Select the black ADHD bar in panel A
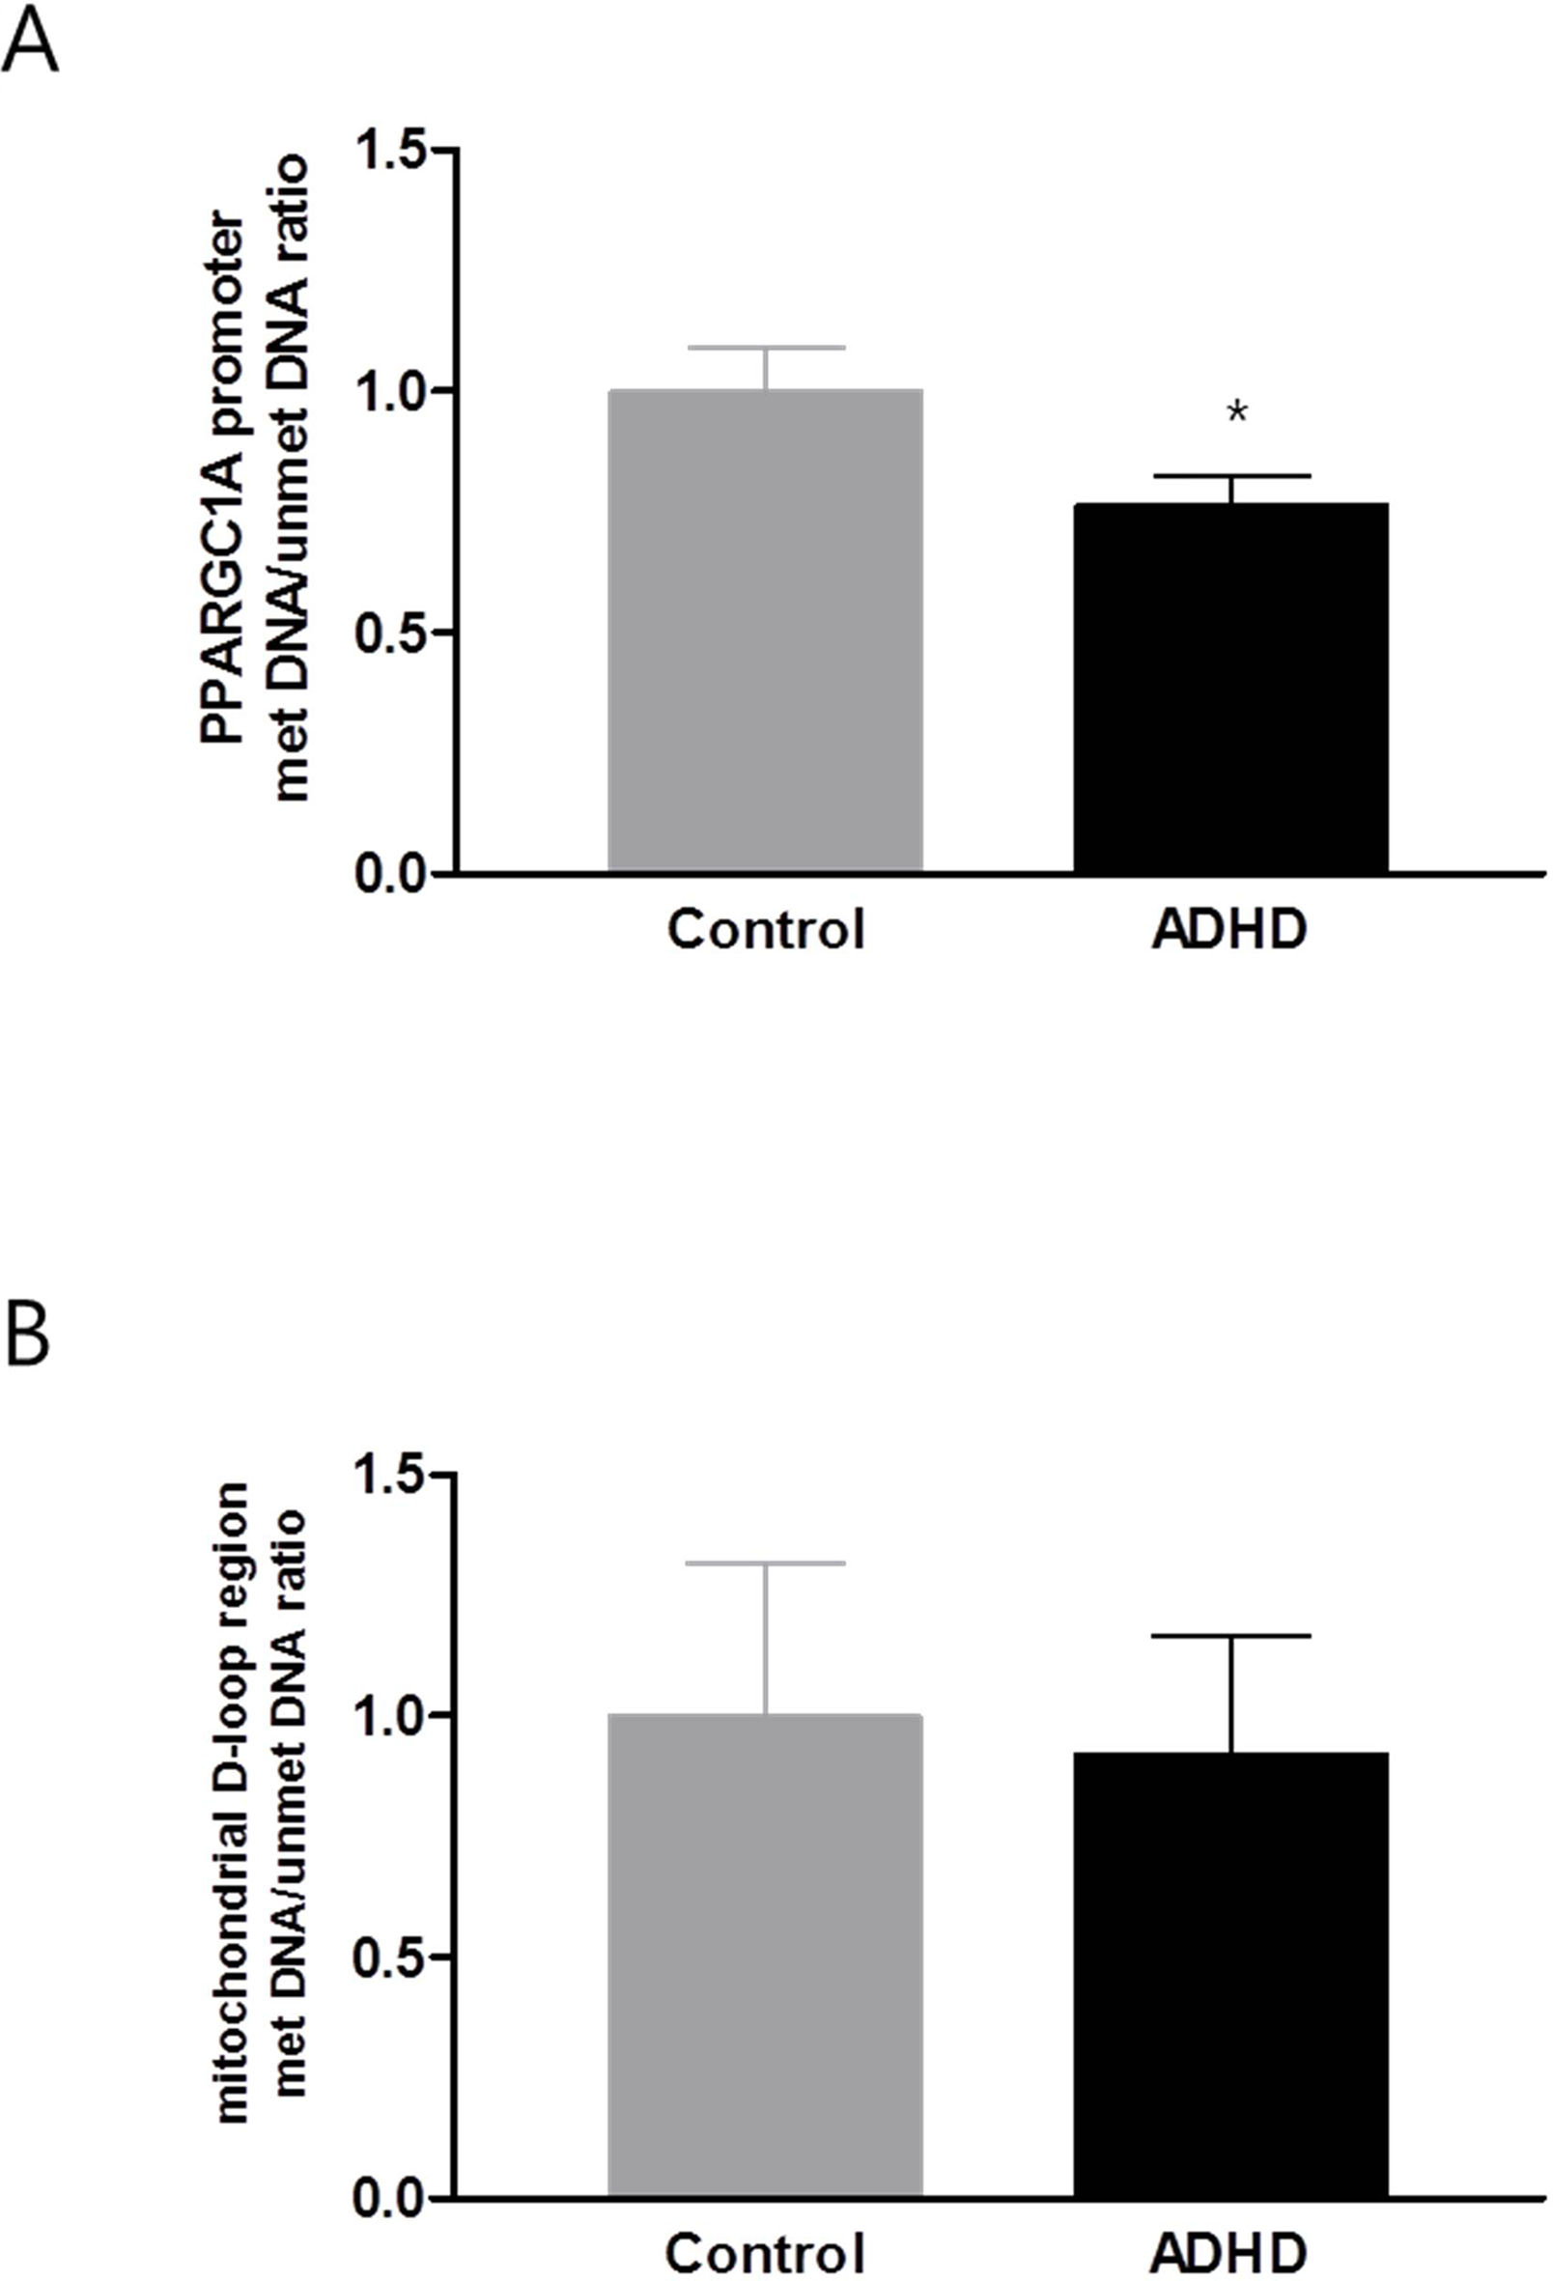(1230, 687)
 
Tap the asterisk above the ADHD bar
(1237, 413)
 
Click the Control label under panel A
(766, 928)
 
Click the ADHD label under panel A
(1229, 928)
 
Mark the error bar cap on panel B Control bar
(765, 1562)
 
